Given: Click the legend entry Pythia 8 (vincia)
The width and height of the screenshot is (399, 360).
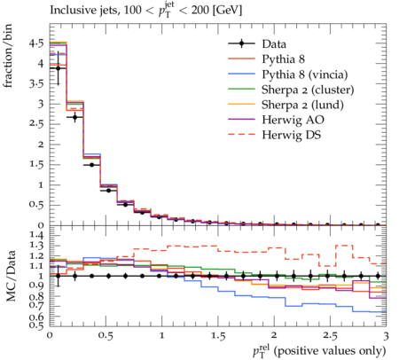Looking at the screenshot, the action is pos(305,74).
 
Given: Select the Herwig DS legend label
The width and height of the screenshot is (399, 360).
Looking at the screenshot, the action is pos(291,135).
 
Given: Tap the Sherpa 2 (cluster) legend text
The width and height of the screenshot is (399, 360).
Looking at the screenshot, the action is pos(308,90).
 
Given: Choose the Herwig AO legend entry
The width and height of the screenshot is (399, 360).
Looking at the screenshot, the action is pos(293,120).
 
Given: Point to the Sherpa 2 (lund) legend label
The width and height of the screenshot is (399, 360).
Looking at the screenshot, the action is pos(302,105).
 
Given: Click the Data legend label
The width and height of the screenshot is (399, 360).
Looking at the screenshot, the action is pos(274,44).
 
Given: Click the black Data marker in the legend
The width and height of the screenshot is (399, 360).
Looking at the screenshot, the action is pos(241,43).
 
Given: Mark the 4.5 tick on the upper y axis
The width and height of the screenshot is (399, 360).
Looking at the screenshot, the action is pos(36,43).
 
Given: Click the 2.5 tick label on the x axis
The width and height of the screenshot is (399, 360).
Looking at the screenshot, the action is pos(330,336).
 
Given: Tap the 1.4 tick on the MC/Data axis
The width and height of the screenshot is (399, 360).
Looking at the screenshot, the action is pos(36,235).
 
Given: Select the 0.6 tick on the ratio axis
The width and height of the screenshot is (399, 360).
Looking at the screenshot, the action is pos(36,317).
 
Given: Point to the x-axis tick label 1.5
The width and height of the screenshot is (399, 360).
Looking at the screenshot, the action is pos(218,336).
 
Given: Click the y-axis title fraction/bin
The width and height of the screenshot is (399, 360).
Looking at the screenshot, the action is pos(8,56).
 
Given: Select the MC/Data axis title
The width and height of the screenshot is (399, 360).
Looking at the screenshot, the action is pos(11,276).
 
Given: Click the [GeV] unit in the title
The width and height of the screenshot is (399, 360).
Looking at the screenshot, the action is pos(228,11).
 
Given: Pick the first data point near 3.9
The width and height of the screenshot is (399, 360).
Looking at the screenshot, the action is pos(59,68).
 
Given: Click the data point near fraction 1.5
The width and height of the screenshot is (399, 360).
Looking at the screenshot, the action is pos(91,165).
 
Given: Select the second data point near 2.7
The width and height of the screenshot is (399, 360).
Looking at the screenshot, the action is pos(75,117).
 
